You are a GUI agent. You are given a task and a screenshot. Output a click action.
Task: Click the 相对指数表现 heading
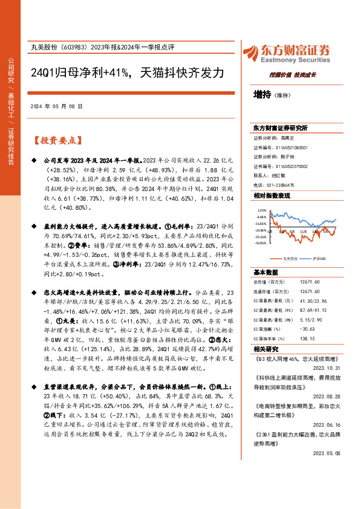(272, 196)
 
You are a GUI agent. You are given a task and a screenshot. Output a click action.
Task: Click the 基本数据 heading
(266, 272)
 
